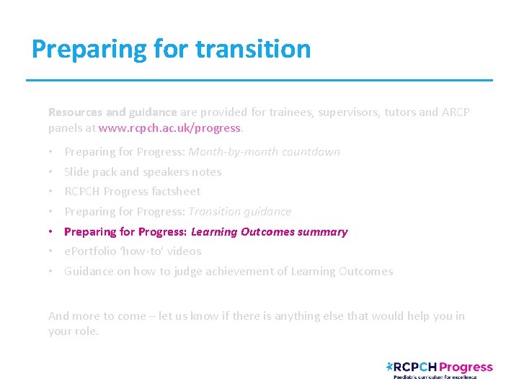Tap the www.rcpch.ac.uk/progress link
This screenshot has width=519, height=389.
pos(170,128)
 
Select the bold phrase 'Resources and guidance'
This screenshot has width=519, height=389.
pos(112,112)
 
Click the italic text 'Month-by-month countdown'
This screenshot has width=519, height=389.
pos(264,152)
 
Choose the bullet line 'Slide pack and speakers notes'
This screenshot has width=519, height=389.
pos(143,172)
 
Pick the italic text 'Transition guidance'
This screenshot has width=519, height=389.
pos(239,212)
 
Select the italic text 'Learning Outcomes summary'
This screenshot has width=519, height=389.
pos(269,232)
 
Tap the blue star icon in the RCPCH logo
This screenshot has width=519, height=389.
pos(391,367)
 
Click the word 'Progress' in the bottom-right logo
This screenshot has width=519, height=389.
pos(466,367)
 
